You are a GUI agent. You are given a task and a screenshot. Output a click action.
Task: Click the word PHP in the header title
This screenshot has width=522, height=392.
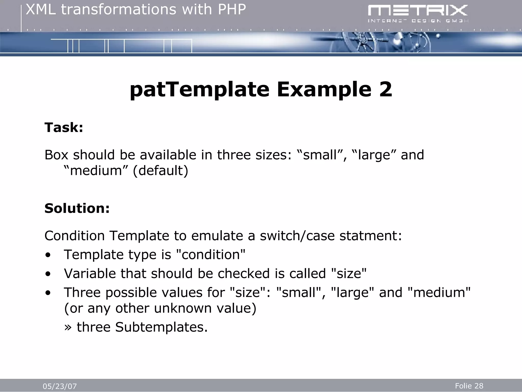[232, 10]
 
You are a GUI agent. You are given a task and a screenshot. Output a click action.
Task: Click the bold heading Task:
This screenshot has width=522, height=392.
[64, 127]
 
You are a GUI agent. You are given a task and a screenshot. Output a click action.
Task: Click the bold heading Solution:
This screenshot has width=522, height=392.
[77, 208]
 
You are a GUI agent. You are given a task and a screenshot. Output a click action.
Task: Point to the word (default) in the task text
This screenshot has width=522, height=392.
[161, 170]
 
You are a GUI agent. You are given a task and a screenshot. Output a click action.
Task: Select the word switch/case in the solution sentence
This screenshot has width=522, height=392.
[297, 236]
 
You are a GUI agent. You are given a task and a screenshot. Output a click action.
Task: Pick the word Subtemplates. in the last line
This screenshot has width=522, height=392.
[161, 327]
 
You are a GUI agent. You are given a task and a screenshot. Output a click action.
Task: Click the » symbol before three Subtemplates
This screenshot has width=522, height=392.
[68, 327]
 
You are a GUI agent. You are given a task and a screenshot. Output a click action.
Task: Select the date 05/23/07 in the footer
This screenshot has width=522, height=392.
[60, 386]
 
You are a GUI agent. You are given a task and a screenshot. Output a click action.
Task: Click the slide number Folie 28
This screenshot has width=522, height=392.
[469, 386]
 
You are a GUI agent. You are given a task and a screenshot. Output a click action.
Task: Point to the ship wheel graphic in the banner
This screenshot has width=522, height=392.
[362, 43]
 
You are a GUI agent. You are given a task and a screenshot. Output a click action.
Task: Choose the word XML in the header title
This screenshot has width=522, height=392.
[41, 10]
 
